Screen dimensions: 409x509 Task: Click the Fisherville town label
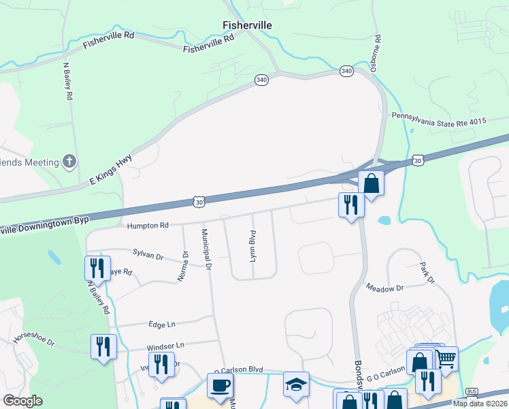248,25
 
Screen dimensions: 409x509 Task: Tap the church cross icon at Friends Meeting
69,162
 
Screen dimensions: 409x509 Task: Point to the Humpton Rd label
147,225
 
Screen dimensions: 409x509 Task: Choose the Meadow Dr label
384,288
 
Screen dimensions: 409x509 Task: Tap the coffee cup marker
220,386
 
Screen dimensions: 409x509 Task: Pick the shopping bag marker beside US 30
372,184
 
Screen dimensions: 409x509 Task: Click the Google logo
22,401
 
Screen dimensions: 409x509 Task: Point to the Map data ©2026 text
478,403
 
